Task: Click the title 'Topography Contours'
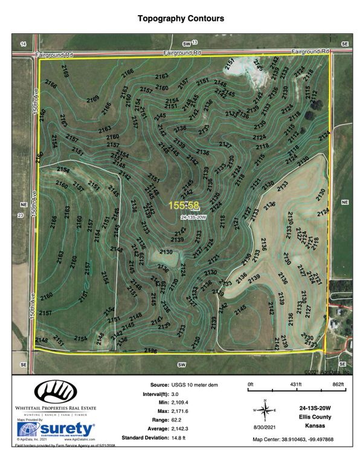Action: coord(181,19)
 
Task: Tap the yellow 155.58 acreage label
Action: coord(184,206)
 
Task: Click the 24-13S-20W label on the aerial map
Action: coord(193,217)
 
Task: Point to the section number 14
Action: coord(23,45)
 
